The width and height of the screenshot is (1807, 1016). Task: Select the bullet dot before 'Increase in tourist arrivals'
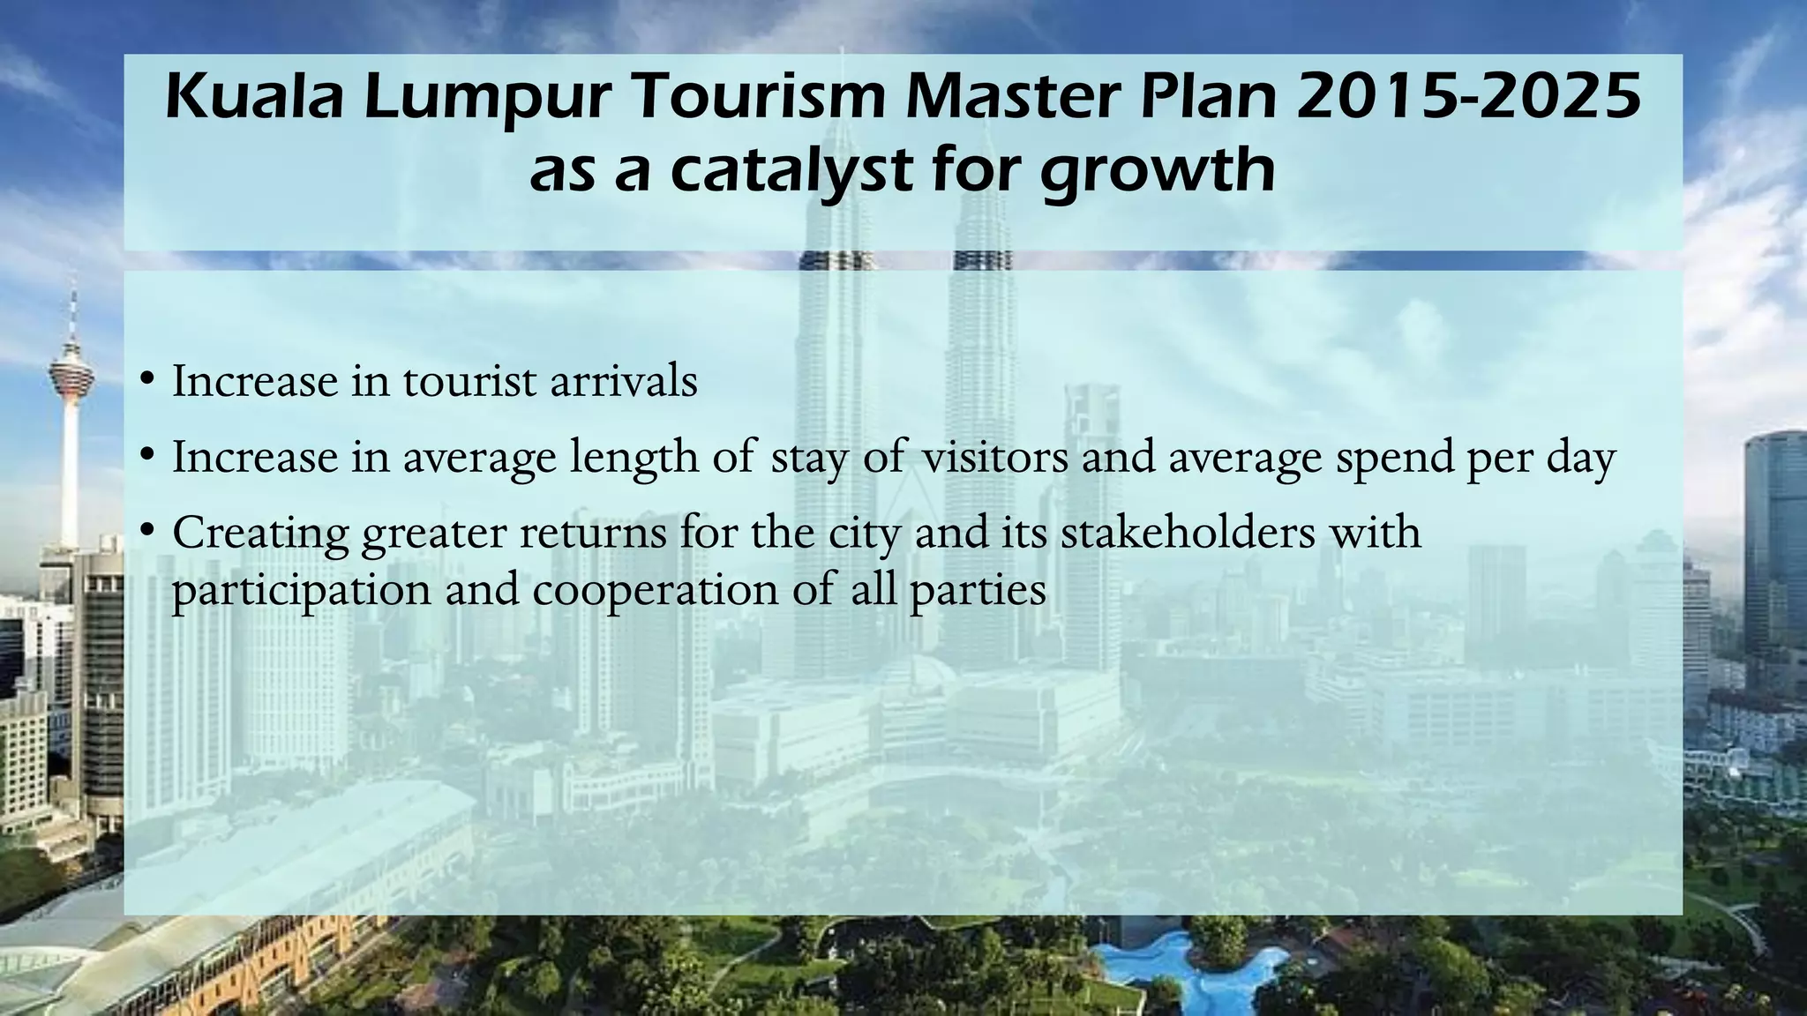tap(148, 381)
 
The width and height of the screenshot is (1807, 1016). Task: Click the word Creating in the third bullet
tap(260, 533)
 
